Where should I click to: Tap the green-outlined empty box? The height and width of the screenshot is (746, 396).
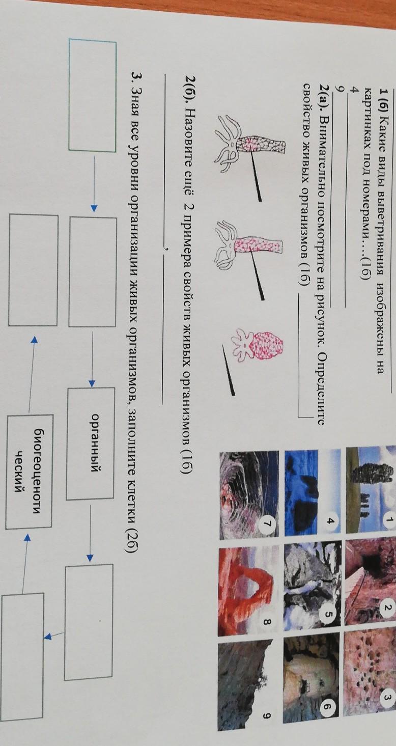[93, 95]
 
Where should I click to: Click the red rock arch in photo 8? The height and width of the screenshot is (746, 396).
[246, 586]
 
